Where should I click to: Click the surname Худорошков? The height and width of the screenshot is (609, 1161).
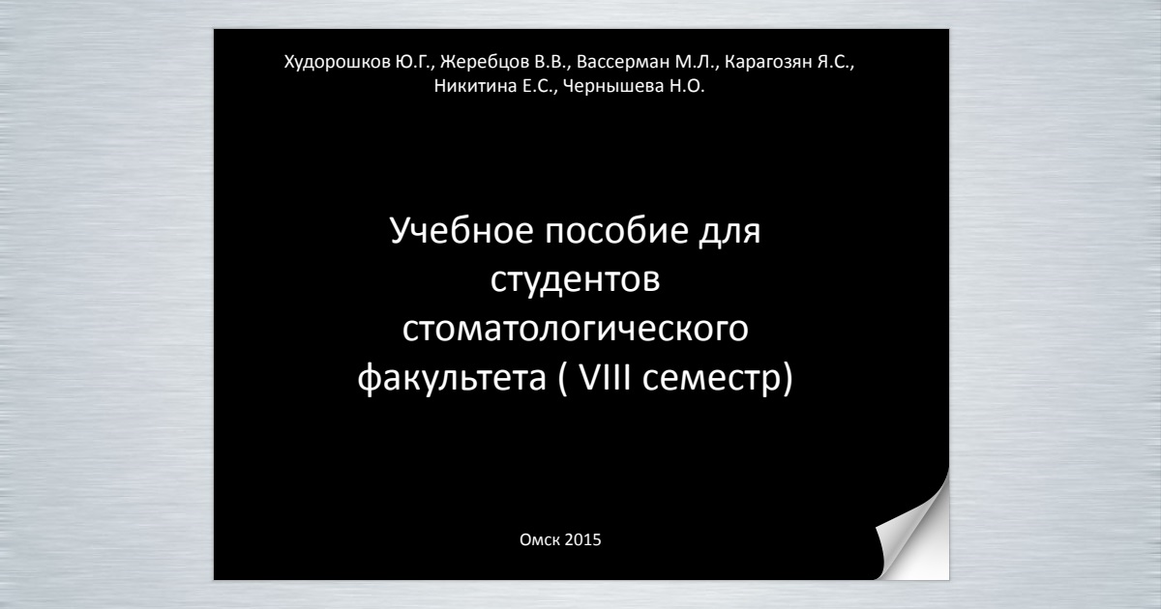point(338,63)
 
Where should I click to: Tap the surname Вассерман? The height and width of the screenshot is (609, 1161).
point(623,63)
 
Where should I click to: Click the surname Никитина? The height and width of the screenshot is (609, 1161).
point(475,85)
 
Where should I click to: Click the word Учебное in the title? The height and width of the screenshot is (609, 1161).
point(461,230)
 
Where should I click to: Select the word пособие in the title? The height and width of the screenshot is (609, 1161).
point(617,230)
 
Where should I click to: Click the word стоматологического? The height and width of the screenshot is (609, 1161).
point(576,330)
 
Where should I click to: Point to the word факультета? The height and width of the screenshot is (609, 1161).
point(452,379)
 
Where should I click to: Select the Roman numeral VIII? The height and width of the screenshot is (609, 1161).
point(605,377)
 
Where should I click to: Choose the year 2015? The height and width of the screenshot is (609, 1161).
point(582,539)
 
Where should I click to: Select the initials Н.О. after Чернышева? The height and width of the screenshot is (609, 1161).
point(687,85)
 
